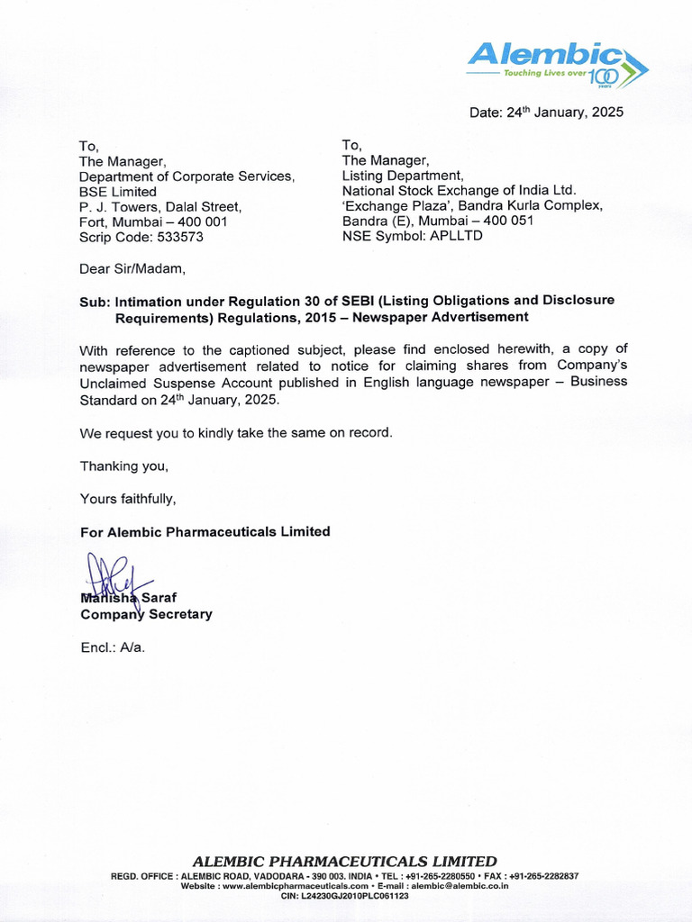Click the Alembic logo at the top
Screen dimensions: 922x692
click(557, 63)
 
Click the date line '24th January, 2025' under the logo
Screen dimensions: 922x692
click(545, 113)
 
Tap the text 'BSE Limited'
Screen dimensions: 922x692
click(118, 192)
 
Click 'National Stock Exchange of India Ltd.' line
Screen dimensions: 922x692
click(458, 190)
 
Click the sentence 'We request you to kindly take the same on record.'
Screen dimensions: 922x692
click(237, 433)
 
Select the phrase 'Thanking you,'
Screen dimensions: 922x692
click(124, 466)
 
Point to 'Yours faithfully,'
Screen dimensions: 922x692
click(128, 499)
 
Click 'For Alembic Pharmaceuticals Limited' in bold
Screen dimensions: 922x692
click(205, 531)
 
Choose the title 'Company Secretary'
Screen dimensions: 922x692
click(146, 614)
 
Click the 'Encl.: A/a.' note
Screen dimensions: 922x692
click(113, 647)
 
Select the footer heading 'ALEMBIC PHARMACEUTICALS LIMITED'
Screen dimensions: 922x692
click(345, 861)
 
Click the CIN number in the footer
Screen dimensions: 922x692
click(345, 896)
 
